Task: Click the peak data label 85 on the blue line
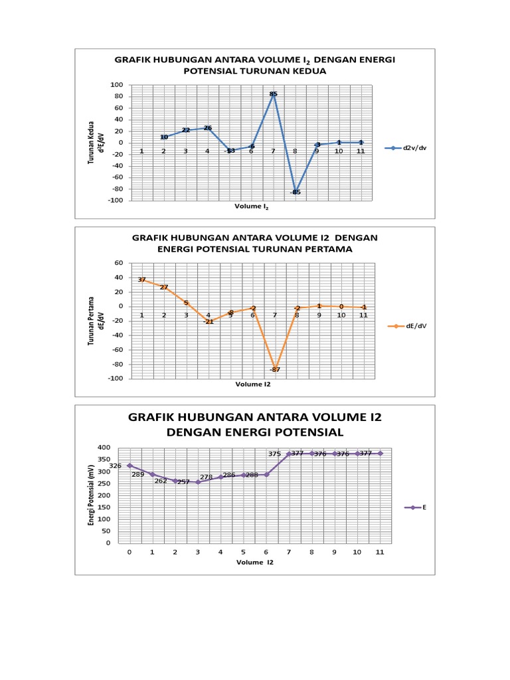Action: click(x=273, y=94)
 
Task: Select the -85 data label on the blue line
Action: click(x=296, y=192)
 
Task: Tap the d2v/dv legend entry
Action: click(x=409, y=148)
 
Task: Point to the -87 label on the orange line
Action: click(x=275, y=369)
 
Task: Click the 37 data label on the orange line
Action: click(x=142, y=280)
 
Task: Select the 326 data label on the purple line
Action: click(x=115, y=466)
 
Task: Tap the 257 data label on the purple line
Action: click(x=183, y=482)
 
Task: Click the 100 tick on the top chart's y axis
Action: click(x=118, y=85)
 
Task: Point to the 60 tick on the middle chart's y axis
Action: click(x=119, y=263)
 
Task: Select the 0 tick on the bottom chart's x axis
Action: click(x=129, y=552)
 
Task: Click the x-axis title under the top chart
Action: click(x=252, y=207)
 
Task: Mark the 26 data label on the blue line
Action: click(x=207, y=128)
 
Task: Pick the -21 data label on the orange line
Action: click(x=208, y=321)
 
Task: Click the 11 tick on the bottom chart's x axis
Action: click(x=380, y=552)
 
